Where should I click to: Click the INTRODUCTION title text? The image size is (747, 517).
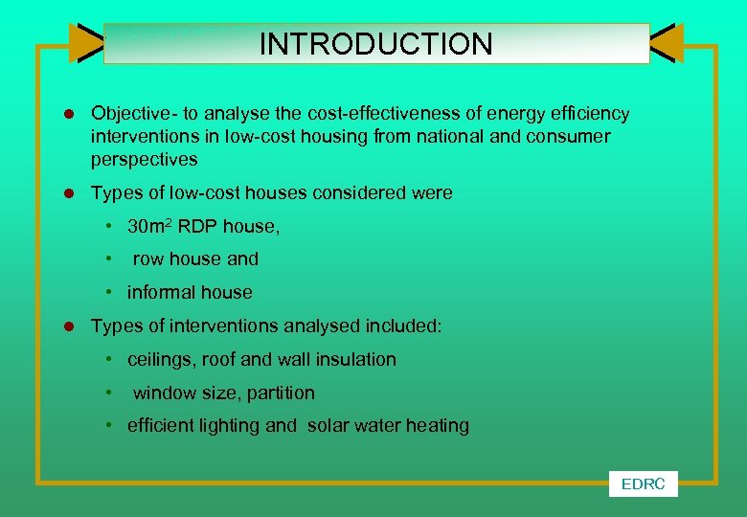click(x=375, y=44)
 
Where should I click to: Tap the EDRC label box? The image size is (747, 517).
click(x=643, y=484)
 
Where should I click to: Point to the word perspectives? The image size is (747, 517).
click(x=145, y=159)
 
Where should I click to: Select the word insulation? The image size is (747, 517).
click(x=354, y=360)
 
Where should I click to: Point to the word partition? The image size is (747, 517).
click(x=279, y=393)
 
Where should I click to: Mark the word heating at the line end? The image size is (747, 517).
click(x=437, y=426)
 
